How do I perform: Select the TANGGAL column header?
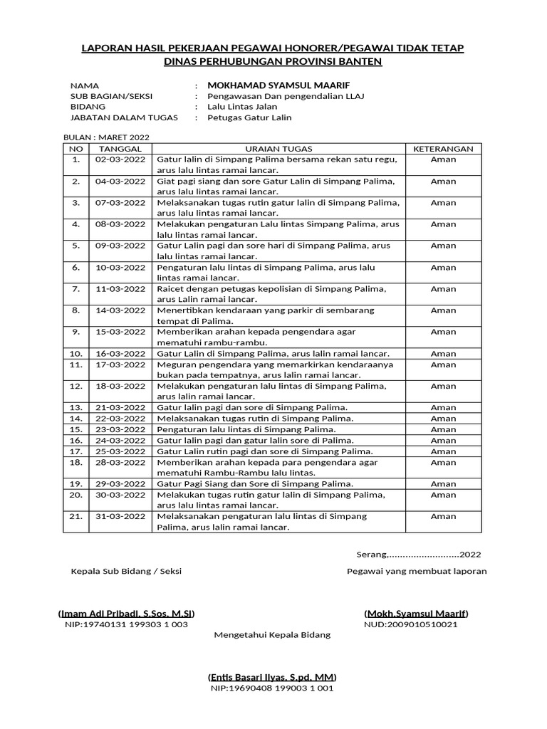[120, 149]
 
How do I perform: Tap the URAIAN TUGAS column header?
[277, 149]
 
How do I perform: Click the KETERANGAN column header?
[443, 149]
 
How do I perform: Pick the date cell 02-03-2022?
[120, 159]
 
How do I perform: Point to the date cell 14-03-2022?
[120, 310]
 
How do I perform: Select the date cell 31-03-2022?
[120, 516]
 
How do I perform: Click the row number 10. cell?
[76, 353]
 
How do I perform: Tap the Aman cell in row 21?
[443, 516]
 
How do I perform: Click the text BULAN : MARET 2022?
[107, 137]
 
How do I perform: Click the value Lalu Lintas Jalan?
[242, 107]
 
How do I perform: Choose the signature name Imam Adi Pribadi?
[126, 614]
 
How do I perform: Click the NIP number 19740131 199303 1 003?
[126, 624]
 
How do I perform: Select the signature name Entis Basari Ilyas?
[272, 677]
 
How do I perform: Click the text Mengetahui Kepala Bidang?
[272, 635]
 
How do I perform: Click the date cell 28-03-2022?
[120, 462]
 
